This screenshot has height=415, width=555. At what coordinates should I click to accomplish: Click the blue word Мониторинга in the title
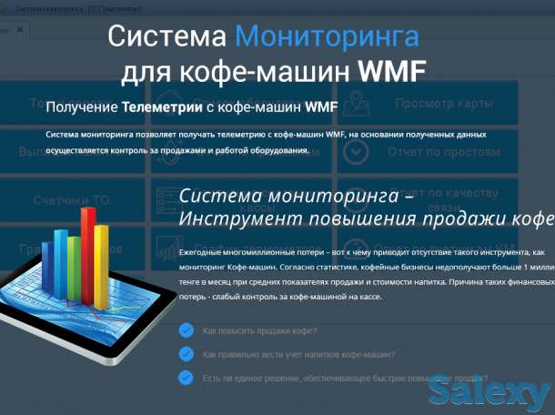327,36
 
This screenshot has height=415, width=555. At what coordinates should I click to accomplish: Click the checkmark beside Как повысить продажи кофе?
186,330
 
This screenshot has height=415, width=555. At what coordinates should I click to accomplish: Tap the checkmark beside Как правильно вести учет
186,353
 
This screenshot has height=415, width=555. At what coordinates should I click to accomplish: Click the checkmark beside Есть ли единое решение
186,376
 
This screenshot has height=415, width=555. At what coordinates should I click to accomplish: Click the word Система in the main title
166,36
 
